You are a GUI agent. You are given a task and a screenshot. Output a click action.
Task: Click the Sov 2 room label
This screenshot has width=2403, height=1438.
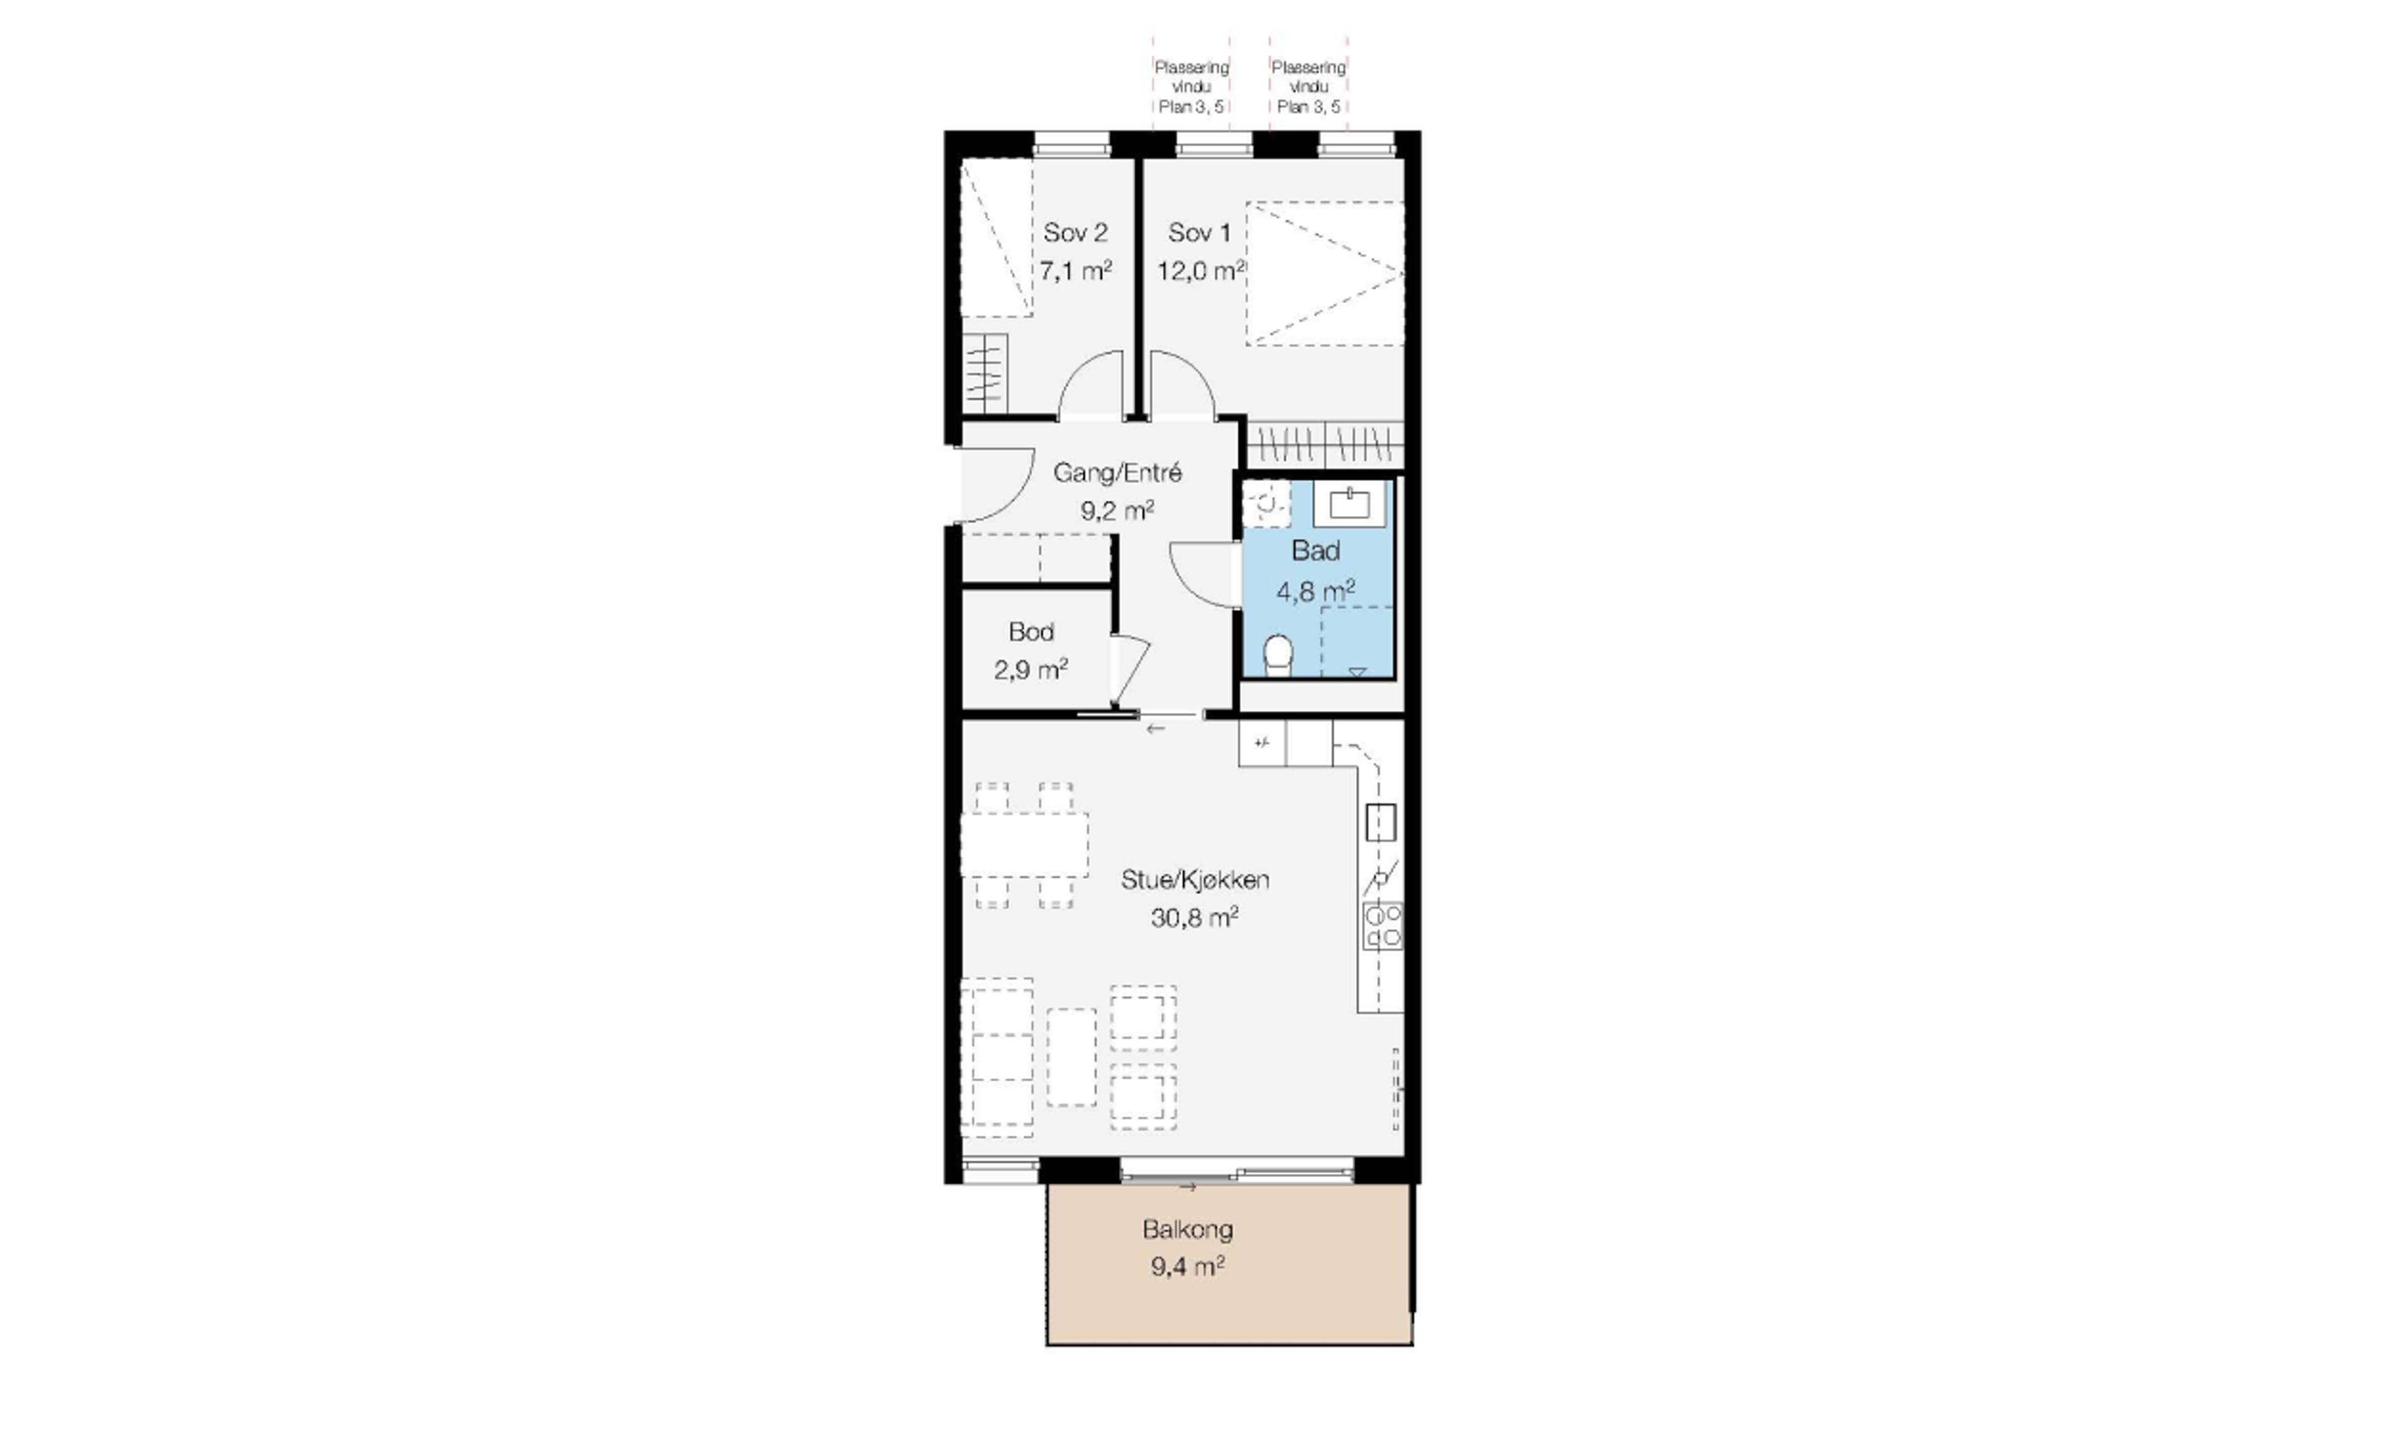[x=1075, y=233]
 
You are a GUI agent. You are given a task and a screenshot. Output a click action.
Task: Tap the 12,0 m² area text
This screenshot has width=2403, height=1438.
[x=1201, y=270]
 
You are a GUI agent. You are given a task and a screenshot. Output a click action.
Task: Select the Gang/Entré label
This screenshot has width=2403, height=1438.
[x=1118, y=473]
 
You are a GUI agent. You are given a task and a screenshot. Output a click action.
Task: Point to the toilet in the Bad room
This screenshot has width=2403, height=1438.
[x=1278, y=654]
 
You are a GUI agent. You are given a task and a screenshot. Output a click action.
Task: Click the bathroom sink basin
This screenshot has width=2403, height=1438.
[x=1349, y=503]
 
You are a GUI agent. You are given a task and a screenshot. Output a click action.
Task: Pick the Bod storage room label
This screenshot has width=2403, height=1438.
[x=1031, y=632]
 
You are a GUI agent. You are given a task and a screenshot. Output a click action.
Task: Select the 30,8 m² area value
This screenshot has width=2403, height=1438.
[x=1194, y=917]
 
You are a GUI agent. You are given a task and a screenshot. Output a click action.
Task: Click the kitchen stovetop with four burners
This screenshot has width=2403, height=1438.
[x=1382, y=925]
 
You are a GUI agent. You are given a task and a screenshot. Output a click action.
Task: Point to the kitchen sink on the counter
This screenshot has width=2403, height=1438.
[x=1380, y=822]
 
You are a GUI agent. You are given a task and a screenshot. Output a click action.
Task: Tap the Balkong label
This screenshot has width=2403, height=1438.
[x=1188, y=1230]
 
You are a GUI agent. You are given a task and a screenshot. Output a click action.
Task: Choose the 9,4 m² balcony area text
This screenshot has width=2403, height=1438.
[x=1188, y=1267]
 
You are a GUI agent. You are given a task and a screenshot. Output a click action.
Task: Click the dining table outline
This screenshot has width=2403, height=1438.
[x=1024, y=845]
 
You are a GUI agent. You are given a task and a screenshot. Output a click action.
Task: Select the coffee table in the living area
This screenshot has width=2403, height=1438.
[x=1072, y=1056]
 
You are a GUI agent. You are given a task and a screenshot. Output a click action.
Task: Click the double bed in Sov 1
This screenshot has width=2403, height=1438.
[x=1324, y=273]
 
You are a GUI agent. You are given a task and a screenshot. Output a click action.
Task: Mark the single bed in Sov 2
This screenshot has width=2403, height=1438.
[x=996, y=238]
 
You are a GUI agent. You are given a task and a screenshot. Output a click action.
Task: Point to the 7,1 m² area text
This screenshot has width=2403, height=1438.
[x=1075, y=270]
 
